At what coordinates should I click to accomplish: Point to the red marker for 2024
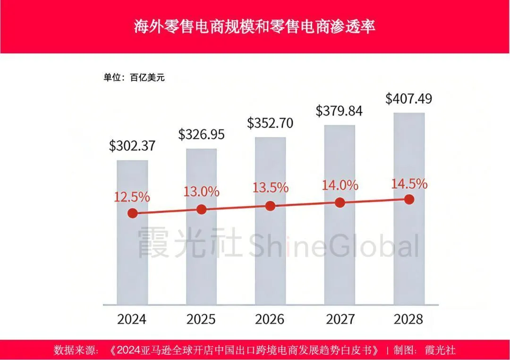(x=133, y=213)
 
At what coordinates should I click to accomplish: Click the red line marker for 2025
(x=201, y=209)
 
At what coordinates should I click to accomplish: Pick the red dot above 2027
(x=339, y=203)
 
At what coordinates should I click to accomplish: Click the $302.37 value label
(x=132, y=146)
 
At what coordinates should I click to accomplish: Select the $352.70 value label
(x=270, y=123)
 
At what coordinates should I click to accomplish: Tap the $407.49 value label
(x=409, y=99)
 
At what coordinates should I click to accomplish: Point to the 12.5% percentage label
(x=132, y=197)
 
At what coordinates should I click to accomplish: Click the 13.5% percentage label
(x=270, y=187)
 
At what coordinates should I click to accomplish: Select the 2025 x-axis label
(x=201, y=319)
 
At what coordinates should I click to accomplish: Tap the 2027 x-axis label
(x=340, y=319)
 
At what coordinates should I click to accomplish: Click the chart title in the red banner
(x=255, y=26)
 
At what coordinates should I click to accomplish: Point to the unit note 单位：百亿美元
(x=134, y=77)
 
